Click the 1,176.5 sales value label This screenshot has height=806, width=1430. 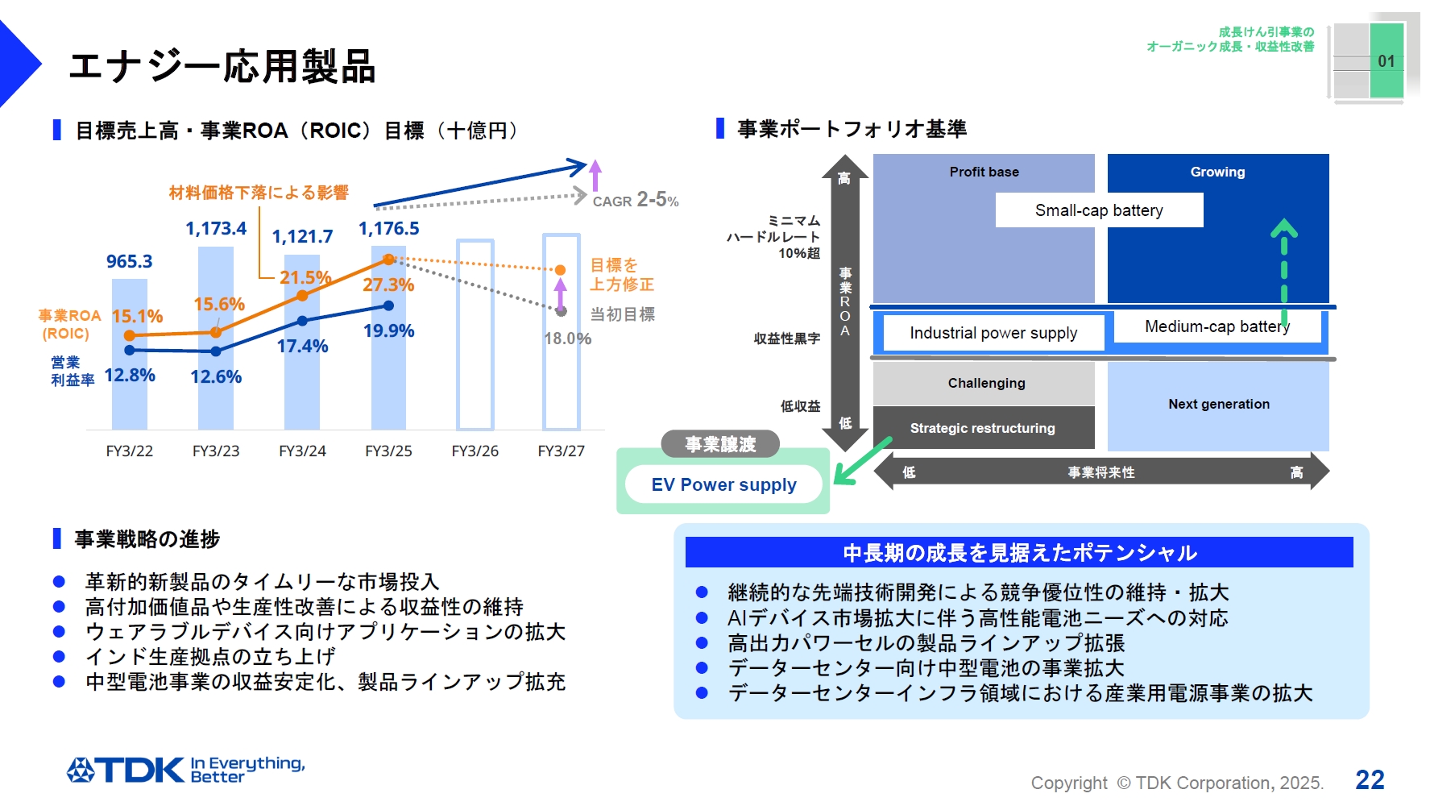point(388,229)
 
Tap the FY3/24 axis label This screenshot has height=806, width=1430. point(302,451)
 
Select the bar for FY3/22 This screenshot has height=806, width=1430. point(130,387)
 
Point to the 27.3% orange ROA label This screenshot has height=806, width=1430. point(388,285)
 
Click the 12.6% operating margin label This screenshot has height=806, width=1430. point(216,376)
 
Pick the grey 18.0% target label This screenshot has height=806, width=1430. point(567,339)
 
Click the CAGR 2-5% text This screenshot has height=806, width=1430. point(636,200)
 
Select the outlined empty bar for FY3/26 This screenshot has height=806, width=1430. point(475,334)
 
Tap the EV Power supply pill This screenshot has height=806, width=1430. point(723,484)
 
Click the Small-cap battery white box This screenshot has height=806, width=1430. point(1099,210)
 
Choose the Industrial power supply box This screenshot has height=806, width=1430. point(993,333)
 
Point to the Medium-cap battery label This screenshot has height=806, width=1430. point(1217,326)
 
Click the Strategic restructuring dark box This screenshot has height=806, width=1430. point(983,428)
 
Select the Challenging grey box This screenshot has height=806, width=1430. point(985,383)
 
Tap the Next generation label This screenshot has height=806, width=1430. point(1218,404)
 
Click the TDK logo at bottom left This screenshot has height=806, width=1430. point(126,770)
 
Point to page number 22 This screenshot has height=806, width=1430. point(1370,779)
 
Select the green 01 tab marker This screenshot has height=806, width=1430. point(1386,60)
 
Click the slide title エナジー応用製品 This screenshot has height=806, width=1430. point(222,66)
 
